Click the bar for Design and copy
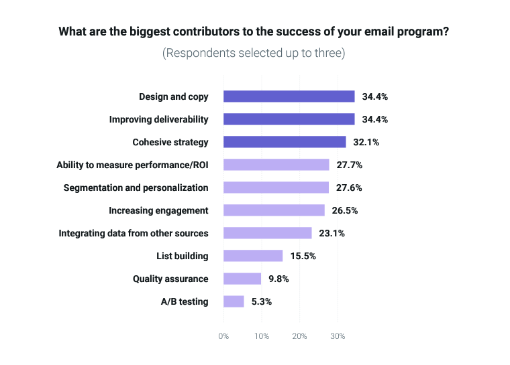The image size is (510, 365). [289, 96]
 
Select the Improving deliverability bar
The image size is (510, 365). [289, 119]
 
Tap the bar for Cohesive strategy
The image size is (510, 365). [285, 142]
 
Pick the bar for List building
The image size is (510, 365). [253, 256]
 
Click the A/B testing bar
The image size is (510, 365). [234, 301]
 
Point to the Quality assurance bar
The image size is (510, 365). [242, 279]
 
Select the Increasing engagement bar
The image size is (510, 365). [274, 210]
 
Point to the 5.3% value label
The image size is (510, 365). [261, 301]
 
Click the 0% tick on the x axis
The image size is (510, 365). [223, 336]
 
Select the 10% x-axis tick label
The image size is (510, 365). [262, 336]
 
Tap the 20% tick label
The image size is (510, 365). [300, 336]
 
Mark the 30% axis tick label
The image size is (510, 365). [338, 336]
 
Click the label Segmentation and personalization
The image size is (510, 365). [136, 188]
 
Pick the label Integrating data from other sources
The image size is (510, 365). [134, 233]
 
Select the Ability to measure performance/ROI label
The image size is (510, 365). [132, 165]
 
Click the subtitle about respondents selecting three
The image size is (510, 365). [254, 53]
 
